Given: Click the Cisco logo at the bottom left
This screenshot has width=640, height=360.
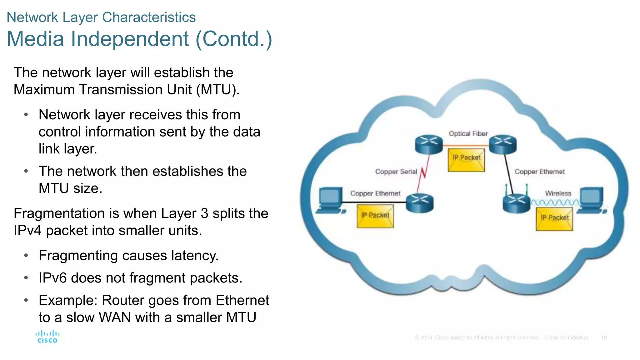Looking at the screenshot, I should click(47, 337).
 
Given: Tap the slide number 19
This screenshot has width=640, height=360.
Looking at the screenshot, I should click(604, 338).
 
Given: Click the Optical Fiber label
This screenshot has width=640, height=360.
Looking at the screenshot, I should click(468, 134).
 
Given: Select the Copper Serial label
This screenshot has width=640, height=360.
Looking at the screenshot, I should click(396, 172).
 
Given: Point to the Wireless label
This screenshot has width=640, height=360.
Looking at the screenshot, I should click(558, 193).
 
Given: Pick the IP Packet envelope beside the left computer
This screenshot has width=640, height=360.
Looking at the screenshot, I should click(375, 216).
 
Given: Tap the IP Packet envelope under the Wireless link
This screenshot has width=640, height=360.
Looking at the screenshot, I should click(554, 219).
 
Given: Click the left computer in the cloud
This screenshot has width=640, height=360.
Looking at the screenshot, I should click(331, 200).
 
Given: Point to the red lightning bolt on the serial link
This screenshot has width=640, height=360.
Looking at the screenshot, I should click(423, 173).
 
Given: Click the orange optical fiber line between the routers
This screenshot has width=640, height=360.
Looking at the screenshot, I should click(466, 146).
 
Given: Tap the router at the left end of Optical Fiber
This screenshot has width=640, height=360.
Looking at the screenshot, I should click(429, 144).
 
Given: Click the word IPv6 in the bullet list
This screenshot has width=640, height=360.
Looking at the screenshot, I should click(52, 278).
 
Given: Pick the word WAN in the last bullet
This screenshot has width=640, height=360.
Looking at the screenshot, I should click(115, 317).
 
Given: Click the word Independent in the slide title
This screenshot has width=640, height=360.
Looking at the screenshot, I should click(130, 39).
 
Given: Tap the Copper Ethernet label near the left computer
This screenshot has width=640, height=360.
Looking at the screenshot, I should click(375, 193).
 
